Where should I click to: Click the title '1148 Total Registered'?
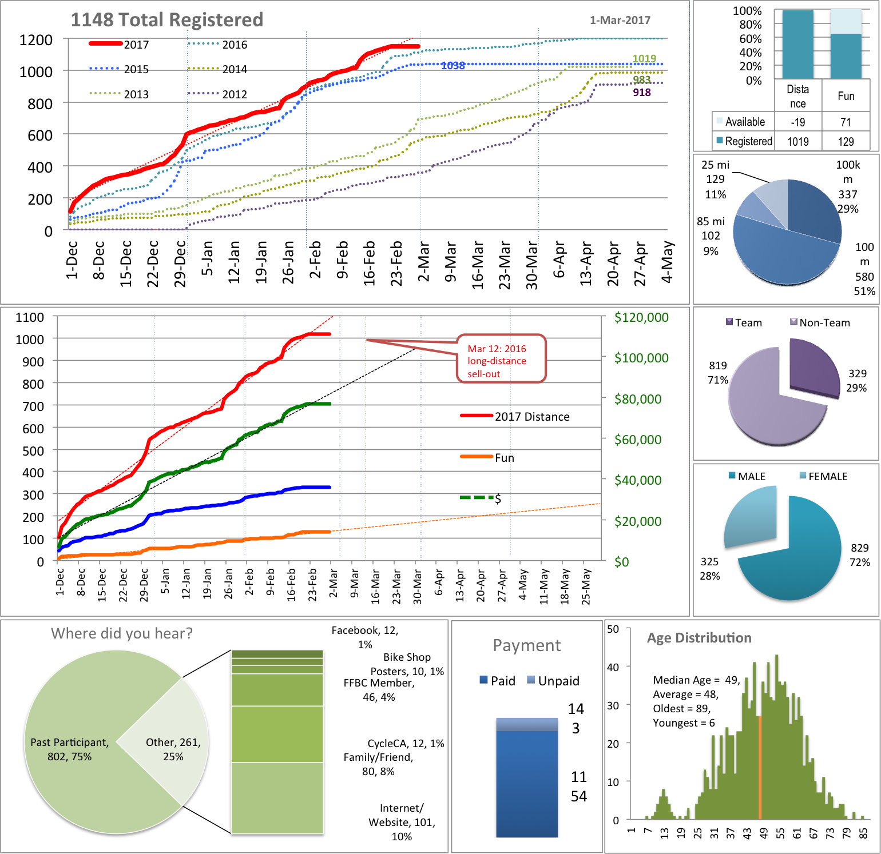[166, 20]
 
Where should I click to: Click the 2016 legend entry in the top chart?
[234, 45]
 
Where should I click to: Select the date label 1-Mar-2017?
[620, 21]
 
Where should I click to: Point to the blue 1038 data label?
[453, 66]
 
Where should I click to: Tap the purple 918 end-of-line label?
[641, 93]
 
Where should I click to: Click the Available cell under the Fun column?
[846, 122]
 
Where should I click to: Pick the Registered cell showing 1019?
[797, 141]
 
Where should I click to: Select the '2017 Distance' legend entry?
[532, 417]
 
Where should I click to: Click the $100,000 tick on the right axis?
[641, 358]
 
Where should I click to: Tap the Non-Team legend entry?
[824, 322]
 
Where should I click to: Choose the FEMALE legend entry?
[827, 476]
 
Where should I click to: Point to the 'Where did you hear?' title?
[122, 633]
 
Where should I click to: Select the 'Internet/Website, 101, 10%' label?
[402, 822]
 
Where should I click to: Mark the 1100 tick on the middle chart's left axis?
[30, 317]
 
